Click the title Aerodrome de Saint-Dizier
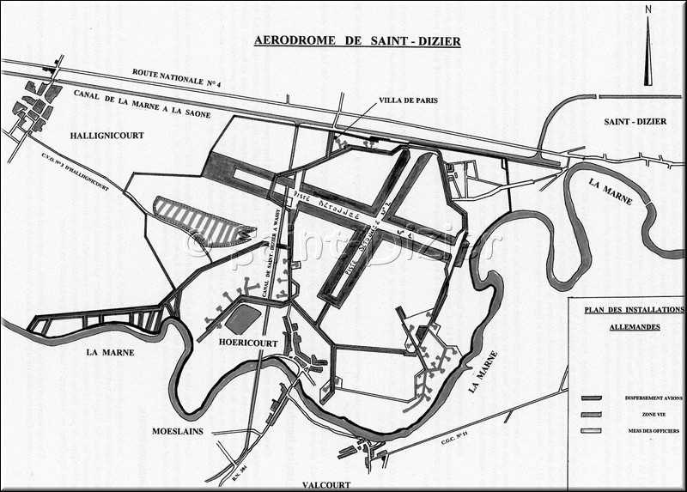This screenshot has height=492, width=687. click(x=356, y=40)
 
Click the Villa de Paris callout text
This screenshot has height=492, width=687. click(x=409, y=100)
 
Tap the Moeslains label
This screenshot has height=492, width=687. click(x=178, y=431)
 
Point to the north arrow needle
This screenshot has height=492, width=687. click(x=648, y=52)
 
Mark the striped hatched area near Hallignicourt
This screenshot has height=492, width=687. click(x=203, y=222)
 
